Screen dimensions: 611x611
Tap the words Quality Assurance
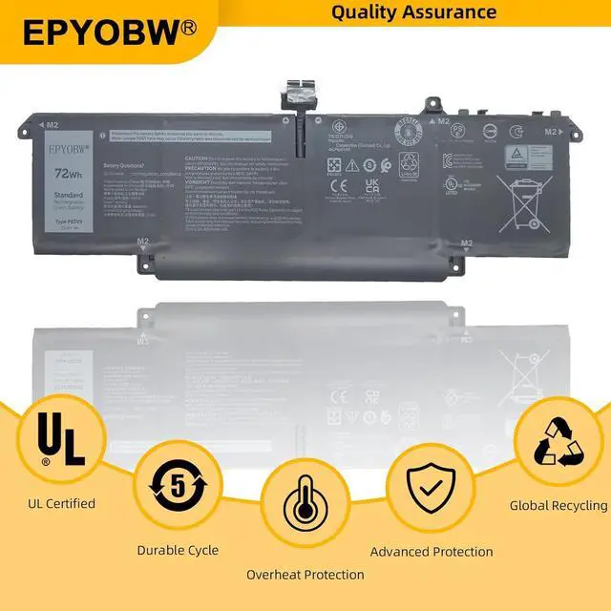[x=414, y=11]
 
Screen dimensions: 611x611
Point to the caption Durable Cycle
[x=178, y=550]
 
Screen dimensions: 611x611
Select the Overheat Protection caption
[x=305, y=574]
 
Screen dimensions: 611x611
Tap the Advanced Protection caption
[x=432, y=551]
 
